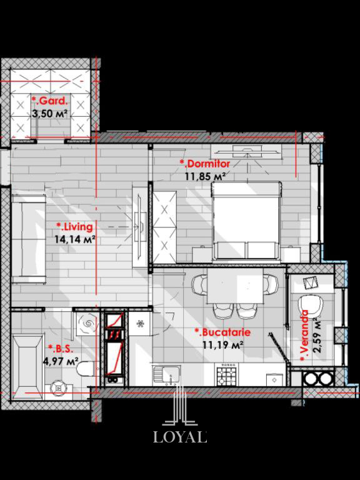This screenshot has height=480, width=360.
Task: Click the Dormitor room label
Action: pos(205,164)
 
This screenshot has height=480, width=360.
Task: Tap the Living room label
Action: pos(74,227)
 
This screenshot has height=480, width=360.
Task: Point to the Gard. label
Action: pos(49,101)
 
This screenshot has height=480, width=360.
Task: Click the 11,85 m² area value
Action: pos(206,176)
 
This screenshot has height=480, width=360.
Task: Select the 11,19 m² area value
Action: pos(223,345)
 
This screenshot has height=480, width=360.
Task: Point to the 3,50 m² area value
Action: pos(49,114)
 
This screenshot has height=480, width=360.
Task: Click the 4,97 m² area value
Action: pos(61,361)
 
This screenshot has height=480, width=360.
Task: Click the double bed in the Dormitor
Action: pos(246,221)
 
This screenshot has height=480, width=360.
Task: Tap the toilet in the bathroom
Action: pos(87,369)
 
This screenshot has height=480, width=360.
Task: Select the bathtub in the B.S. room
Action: pos(27,367)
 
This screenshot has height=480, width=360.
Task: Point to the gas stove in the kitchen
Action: pos(227,374)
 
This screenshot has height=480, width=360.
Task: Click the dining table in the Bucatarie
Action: pos(235,286)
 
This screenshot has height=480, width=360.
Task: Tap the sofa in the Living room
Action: pos(29,238)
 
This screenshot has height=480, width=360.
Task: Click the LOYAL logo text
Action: pos(180,436)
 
